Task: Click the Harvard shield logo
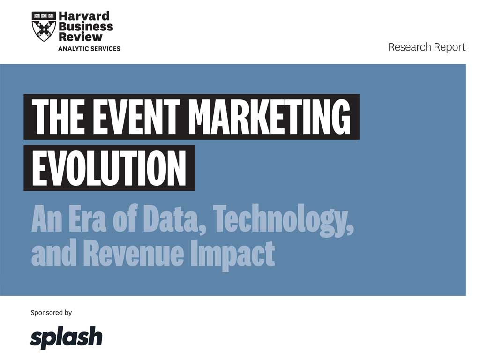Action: pyautogui.click(x=44, y=27)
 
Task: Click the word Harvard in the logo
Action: pyautogui.click(x=84, y=16)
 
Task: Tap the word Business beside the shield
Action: pyautogui.click(x=86, y=27)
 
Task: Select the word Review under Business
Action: pyautogui.click(x=80, y=37)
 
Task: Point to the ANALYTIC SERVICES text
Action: pyautogui.click(x=89, y=49)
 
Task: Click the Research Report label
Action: pyautogui.click(x=427, y=47)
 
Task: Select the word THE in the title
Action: pyautogui.click(x=58, y=117)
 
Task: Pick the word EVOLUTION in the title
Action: pyautogui.click(x=109, y=168)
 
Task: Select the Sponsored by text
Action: pyautogui.click(x=51, y=313)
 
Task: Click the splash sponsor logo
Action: pyautogui.click(x=66, y=337)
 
